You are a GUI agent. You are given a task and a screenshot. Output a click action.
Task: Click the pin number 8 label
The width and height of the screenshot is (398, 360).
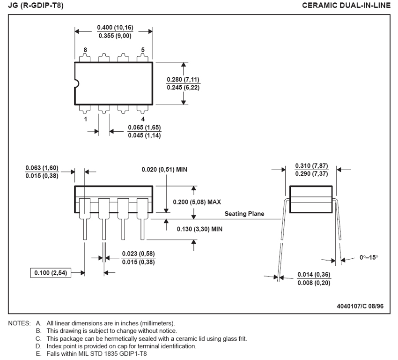click(x=85, y=50)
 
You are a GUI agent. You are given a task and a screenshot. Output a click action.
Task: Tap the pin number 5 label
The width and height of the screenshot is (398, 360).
click(x=143, y=50)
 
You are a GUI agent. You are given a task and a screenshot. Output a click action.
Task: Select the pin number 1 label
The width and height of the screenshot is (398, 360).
click(x=85, y=119)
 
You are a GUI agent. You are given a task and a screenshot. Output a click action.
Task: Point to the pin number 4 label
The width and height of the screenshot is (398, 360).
click(x=143, y=119)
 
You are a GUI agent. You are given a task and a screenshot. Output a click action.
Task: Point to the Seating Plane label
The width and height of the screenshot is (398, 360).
click(x=244, y=214)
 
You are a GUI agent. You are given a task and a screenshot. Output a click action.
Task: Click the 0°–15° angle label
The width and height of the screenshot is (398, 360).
click(x=369, y=257)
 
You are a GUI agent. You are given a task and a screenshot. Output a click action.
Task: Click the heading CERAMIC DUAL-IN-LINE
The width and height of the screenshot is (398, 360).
click(x=346, y=6)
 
